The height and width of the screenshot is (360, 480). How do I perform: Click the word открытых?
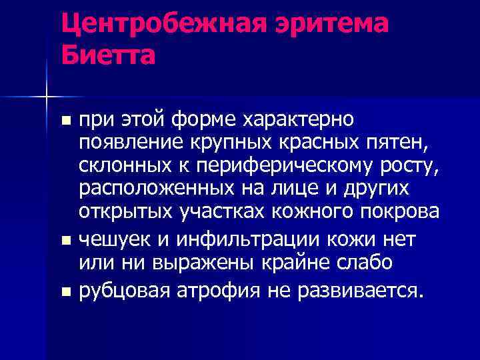(126, 211)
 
